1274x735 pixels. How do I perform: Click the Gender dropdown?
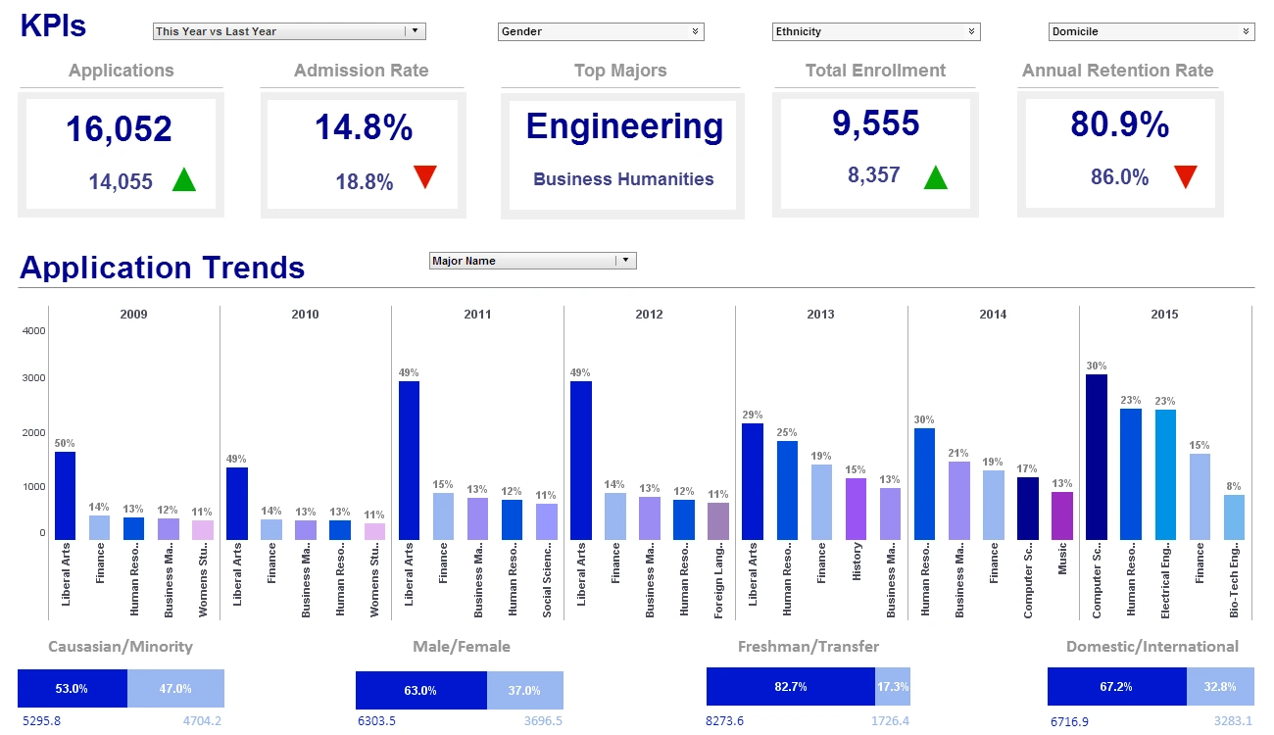601,31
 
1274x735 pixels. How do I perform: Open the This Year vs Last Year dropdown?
289,31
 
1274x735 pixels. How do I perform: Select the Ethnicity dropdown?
876,31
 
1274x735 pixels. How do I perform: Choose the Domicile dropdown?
1151,31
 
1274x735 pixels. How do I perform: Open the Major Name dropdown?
533,261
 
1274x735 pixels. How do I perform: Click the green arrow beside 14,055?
184,180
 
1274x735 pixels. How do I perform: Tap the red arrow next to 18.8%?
424,177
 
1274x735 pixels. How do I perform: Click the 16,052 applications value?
119,129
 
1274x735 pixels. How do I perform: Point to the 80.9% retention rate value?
1119,125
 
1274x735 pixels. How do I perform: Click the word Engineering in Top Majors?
624,126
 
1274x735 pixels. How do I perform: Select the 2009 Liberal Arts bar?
65,495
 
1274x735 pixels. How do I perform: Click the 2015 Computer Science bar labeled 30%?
1097,457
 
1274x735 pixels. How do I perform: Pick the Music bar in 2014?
1062,515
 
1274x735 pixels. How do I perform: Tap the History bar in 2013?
856,509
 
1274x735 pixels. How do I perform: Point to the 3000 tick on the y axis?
33,378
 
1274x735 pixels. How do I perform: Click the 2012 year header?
649,315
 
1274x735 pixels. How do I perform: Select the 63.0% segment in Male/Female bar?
420,690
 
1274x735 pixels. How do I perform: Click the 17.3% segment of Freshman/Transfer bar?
892,687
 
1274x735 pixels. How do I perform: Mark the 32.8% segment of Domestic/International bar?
1220,687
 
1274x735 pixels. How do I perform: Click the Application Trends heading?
163,268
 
